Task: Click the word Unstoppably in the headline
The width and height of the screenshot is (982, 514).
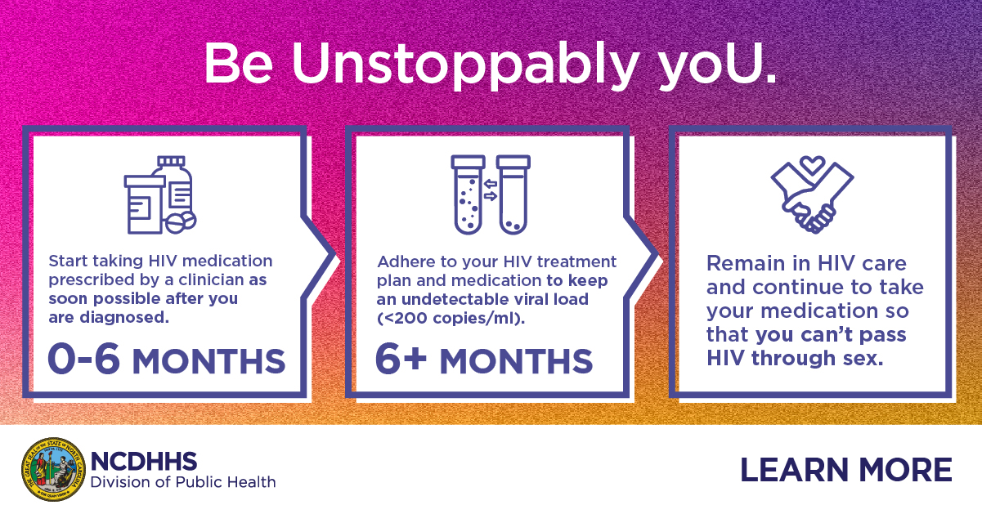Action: tap(464, 65)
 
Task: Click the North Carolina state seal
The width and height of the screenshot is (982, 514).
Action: tap(53, 469)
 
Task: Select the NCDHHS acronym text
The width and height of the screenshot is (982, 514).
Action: tap(144, 462)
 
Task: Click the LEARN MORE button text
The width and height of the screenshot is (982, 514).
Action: tap(846, 470)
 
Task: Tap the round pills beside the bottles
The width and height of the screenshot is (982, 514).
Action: tap(181, 223)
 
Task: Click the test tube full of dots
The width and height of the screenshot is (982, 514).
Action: tap(469, 194)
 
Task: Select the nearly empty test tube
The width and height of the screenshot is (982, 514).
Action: tap(513, 194)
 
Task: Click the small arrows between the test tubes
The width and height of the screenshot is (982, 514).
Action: tap(491, 190)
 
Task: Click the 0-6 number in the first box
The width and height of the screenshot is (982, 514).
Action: tap(83, 359)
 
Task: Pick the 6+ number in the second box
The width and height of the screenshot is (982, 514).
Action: tap(401, 359)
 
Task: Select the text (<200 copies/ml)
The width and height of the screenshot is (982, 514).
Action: tap(451, 319)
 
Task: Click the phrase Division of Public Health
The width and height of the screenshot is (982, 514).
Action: tap(183, 482)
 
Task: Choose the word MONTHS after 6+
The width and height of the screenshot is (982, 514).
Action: tap(516, 361)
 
